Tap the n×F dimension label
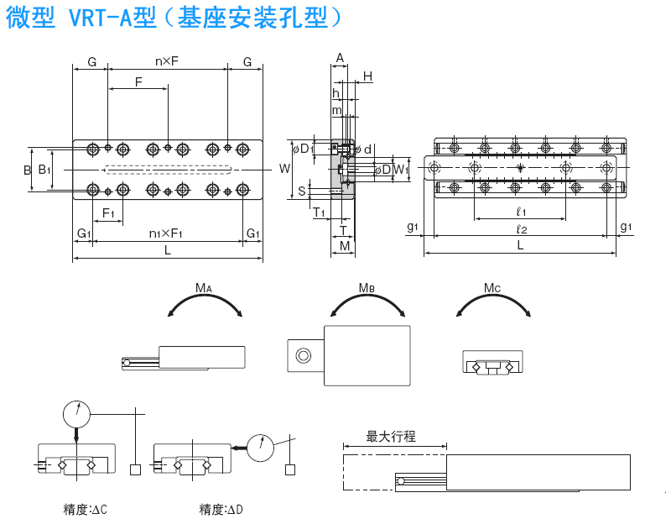(168, 61)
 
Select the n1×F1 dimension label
(167, 233)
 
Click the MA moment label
(204, 288)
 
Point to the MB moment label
(367, 288)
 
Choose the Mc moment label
(492, 288)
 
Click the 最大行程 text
(391, 437)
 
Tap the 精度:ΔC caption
(86, 509)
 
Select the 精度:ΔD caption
(221, 509)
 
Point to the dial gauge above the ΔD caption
(261, 448)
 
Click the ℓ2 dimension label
(521, 228)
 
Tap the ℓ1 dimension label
(521, 211)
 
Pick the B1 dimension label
(44, 170)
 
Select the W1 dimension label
(401, 170)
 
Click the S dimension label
(302, 191)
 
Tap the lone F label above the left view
(138, 81)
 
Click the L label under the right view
(521, 245)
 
